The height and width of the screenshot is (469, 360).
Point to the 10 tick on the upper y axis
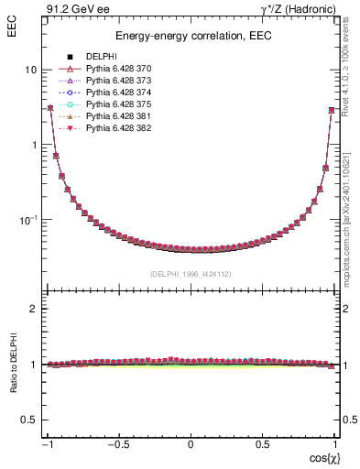(x=30, y=70)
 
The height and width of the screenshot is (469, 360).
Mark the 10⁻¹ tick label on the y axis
(x=27, y=220)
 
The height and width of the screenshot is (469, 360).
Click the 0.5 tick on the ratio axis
(x=29, y=420)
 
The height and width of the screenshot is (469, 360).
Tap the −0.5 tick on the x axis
(x=119, y=444)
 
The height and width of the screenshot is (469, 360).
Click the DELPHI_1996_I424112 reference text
(x=191, y=274)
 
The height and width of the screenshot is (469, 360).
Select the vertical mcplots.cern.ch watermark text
(x=352, y=211)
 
